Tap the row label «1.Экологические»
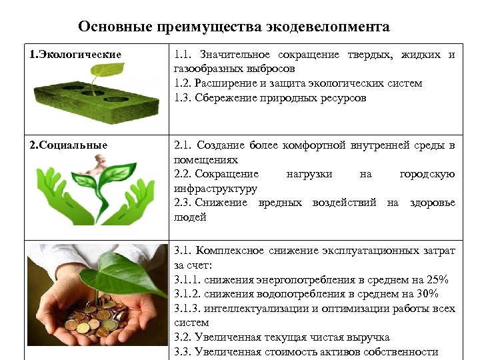76,54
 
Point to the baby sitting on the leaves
101,164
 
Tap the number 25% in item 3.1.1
438,279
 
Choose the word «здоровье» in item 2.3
433,203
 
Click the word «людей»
190,217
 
